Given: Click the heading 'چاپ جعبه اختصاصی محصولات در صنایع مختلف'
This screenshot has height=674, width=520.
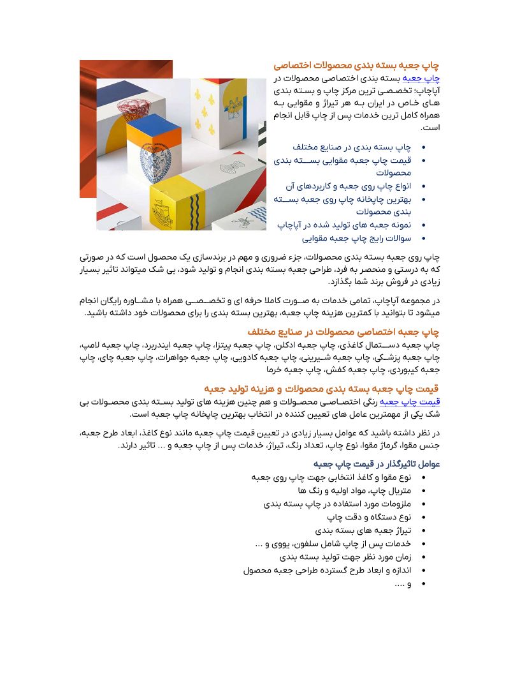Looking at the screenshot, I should coord(343,332).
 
